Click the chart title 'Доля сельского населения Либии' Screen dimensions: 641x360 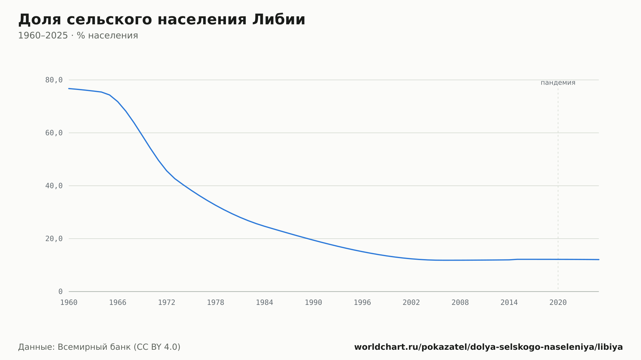click(x=162, y=20)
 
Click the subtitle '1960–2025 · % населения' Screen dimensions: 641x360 click(x=78, y=36)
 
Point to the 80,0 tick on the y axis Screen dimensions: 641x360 click(x=54, y=80)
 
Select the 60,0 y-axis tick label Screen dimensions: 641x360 click(x=54, y=133)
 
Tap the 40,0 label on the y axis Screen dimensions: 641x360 click(x=54, y=186)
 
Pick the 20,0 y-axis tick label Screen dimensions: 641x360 click(x=54, y=239)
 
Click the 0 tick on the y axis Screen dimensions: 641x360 click(x=61, y=292)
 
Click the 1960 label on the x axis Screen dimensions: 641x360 click(x=69, y=303)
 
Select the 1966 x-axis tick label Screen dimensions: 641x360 click(x=118, y=303)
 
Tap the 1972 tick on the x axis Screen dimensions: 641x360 click(x=167, y=303)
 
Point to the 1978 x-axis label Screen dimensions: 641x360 click(x=215, y=303)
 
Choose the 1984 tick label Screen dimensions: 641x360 click(x=264, y=303)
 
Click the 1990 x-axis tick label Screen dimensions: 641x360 click(x=313, y=303)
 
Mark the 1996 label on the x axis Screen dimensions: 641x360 click(x=362, y=303)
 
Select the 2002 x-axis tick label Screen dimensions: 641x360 click(x=411, y=303)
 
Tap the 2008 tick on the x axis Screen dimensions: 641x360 click(x=460, y=303)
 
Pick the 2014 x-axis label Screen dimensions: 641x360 click(x=509, y=303)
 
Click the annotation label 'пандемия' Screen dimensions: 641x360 click(x=558, y=83)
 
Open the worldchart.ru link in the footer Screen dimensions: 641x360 click(x=488, y=347)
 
